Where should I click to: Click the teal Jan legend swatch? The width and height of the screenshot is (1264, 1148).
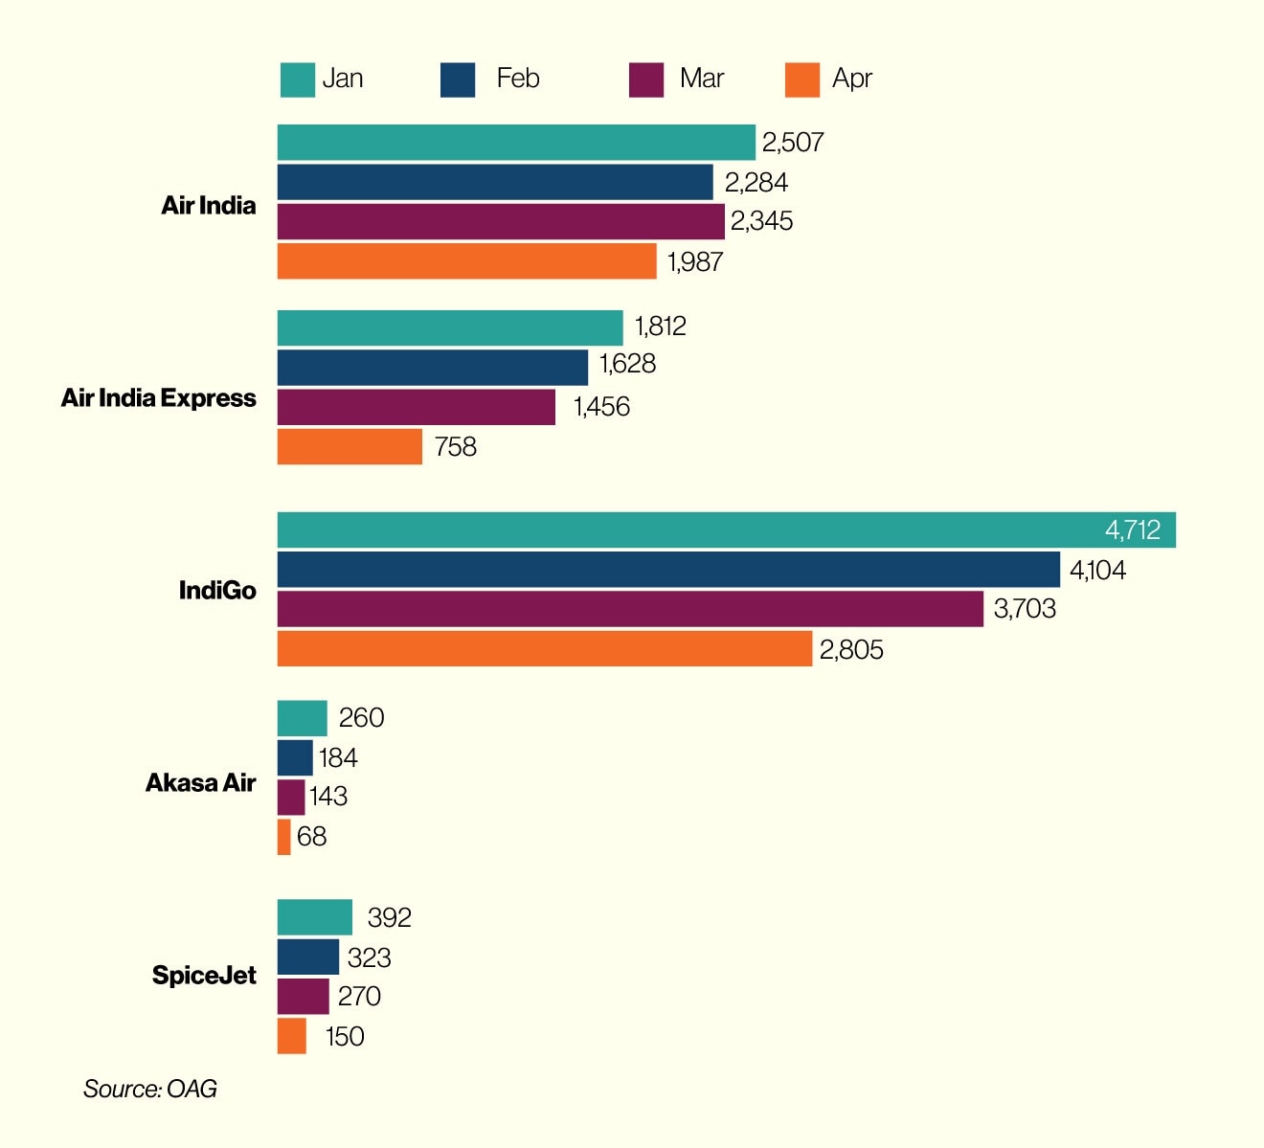tap(297, 79)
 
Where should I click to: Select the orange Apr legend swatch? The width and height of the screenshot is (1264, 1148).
tap(802, 79)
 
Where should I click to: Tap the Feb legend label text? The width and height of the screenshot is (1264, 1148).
tap(518, 78)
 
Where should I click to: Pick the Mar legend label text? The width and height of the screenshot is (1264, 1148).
tap(702, 78)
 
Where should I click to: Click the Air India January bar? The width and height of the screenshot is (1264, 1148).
tap(516, 143)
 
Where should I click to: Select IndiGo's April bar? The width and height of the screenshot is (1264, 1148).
tap(544, 649)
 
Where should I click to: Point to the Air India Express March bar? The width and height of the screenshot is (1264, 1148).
tap(417, 407)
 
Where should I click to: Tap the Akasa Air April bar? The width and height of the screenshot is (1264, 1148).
tap(284, 837)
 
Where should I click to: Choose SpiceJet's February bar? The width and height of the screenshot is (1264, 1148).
tap(308, 957)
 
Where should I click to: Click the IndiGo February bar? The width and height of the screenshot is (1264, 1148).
tap(668, 570)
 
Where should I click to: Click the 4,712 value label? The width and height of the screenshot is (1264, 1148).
tap(1132, 530)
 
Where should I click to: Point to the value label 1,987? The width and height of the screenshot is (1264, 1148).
tap(695, 262)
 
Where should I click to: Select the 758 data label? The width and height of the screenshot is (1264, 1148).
tap(455, 447)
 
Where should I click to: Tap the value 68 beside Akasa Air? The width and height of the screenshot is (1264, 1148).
tap(312, 837)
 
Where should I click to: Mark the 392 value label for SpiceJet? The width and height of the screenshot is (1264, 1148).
tap(389, 918)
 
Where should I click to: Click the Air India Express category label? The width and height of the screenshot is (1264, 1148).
tap(159, 398)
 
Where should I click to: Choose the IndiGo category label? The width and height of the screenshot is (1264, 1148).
tap(217, 591)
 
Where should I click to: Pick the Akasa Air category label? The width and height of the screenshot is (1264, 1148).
tap(201, 783)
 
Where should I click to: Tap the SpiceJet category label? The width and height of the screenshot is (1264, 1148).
tap(204, 976)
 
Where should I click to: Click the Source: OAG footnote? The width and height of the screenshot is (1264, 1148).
tap(150, 1089)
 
